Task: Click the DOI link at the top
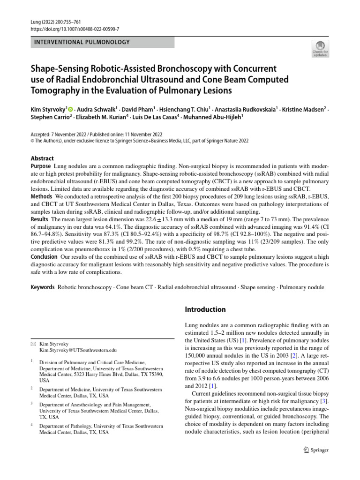(67, 29)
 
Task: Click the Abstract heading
(42, 158)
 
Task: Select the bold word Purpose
(41, 167)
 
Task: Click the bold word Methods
(42, 196)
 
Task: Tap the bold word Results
(40, 219)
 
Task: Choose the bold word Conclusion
(44, 257)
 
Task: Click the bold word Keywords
(43, 286)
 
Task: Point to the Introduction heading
(205, 309)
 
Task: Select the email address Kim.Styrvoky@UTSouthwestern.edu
(78, 350)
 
